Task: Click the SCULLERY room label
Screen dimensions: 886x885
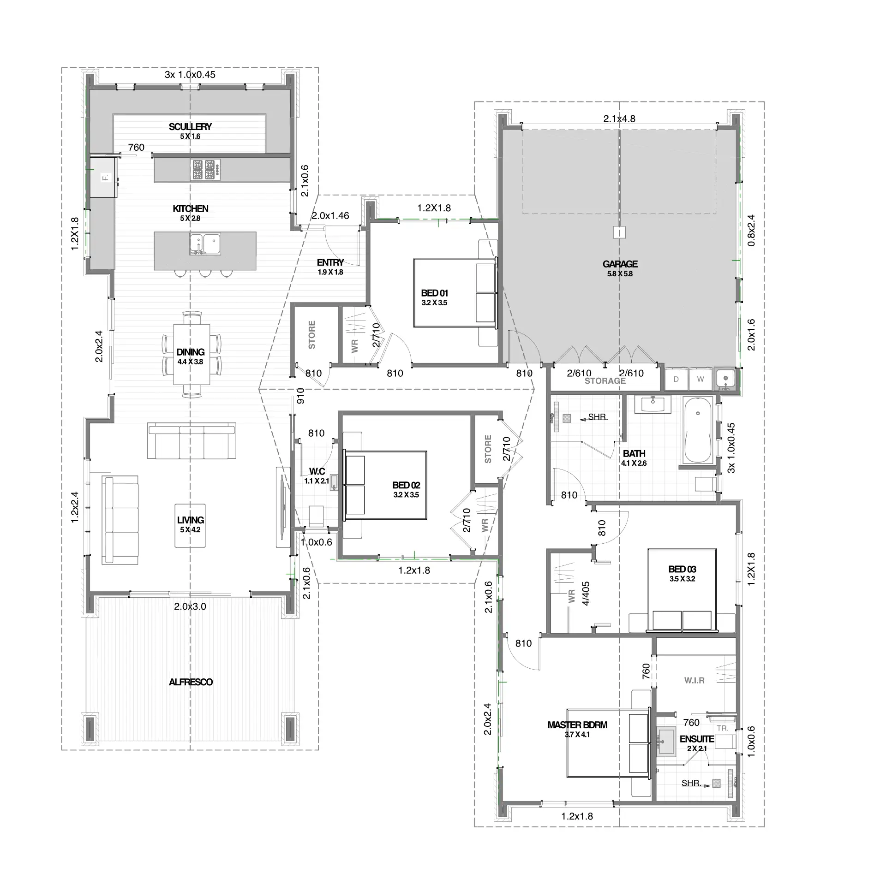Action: tap(190, 126)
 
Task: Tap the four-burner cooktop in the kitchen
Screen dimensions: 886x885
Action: tap(205, 169)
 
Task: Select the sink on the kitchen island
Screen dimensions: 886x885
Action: tap(205, 244)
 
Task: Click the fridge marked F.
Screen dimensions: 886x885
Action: tap(103, 177)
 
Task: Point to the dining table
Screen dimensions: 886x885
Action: tap(192, 354)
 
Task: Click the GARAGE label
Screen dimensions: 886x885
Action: tap(620, 264)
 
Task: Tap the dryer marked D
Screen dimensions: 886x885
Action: tap(676, 379)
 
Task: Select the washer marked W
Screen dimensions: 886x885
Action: tap(700, 379)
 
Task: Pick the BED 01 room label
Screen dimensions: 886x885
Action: tap(434, 293)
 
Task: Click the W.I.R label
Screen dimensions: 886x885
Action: tap(694, 693)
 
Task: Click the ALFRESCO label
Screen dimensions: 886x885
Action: tap(191, 682)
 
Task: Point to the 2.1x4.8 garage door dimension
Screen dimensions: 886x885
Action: tap(619, 119)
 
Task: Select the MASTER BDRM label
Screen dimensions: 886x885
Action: tap(577, 725)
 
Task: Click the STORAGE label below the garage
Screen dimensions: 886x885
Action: tap(605, 381)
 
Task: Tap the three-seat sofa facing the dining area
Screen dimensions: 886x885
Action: tap(192, 441)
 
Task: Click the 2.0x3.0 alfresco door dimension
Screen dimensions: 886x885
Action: tap(190, 606)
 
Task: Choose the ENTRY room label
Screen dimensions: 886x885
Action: tap(330, 262)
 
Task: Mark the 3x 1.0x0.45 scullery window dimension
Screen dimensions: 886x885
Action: tap(190, 74)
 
